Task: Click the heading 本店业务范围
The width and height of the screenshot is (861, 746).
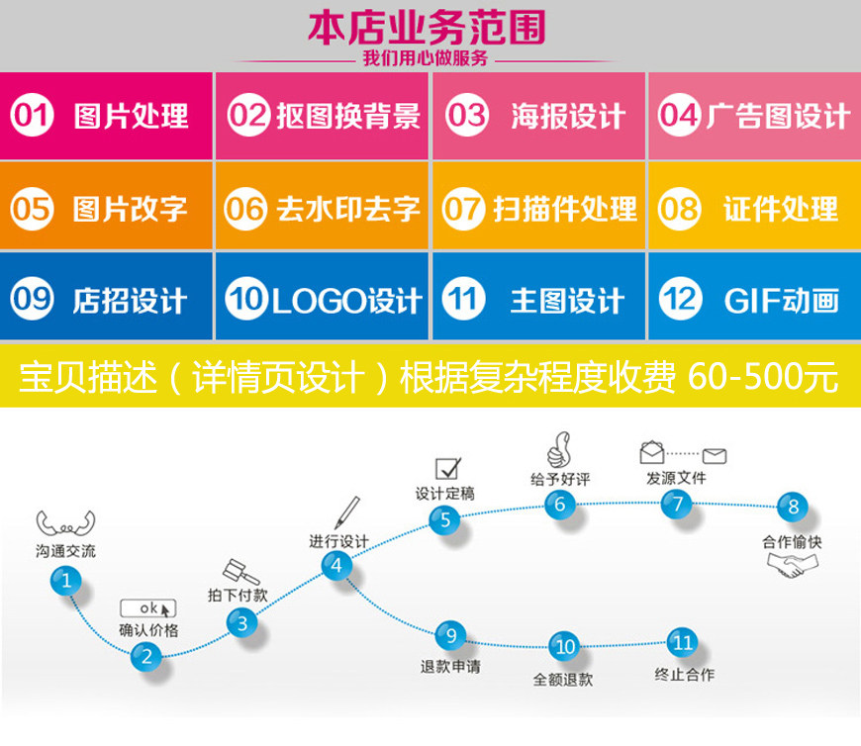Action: (x=427, y=27)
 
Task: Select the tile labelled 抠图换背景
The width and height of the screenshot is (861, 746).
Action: (x=323, y=117)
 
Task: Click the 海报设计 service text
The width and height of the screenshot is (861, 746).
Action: (x=568, y=117)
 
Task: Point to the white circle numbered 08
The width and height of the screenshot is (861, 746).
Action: (x=678, y=210)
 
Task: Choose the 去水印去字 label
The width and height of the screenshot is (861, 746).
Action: (x=348, y=210)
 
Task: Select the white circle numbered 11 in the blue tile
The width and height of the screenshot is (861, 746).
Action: (x=463, y=299)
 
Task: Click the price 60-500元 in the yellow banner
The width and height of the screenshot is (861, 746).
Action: (x=762, y=377)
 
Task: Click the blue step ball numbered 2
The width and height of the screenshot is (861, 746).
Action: (x=146, y=654)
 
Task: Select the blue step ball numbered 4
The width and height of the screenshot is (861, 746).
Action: (x=336, y=566)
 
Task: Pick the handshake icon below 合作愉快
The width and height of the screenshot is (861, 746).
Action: (x=793, y=566)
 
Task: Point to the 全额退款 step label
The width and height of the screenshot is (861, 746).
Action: (x=563, y=680)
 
